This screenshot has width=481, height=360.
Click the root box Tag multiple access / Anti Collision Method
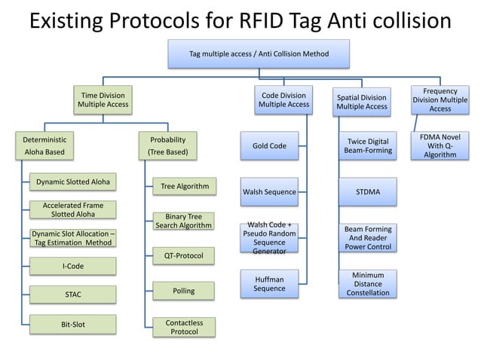tap(259, 53)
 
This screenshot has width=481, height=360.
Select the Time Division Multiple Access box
tap(103, 100)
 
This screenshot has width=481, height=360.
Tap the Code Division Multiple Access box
tap(283, 100)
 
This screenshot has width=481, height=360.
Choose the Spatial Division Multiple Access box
tap(362, 102)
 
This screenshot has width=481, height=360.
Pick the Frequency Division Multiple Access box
tap(440, 99)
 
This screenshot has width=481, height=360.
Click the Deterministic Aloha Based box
tap(45, 145)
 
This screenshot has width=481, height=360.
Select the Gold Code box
tap(269, 145)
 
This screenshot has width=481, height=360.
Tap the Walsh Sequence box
tap(269, 192)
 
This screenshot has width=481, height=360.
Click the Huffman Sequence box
tap(269, 284)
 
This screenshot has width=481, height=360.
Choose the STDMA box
tap(367, 192)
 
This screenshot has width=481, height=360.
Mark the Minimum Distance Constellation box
tap(367, 284)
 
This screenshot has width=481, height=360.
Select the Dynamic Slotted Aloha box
tap(73, 182)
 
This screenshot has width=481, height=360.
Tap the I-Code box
tap(73, 266)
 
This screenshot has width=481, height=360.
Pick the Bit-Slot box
tap(73, 325)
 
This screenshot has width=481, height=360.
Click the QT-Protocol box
tap(184, 255)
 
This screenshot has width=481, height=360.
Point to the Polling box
tap(184, 290)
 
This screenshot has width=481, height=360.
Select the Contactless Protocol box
tap(184, 326)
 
